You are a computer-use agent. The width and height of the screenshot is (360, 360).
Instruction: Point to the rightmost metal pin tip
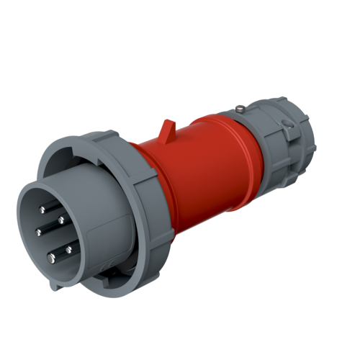pyautogui.click(x=70, y=249)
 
